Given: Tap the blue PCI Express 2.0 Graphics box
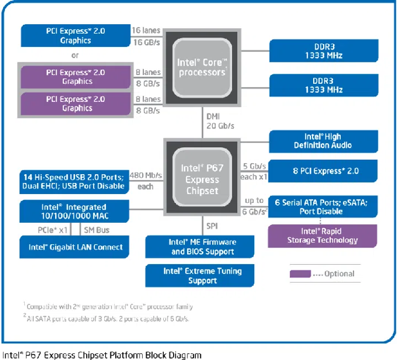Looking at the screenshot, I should coord(75,35).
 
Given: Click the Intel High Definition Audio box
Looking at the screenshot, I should coord(323,141).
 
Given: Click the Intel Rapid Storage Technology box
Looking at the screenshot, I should coord(323,235).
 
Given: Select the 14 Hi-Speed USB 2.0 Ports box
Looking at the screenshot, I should coord(74,181).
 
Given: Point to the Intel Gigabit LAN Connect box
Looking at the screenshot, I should coord(75,247).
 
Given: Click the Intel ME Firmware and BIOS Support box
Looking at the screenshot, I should coord(202,247).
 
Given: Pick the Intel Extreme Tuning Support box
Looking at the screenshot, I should coord(202,276).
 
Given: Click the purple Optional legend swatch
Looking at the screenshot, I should coord(300,273).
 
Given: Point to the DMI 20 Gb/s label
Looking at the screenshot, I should coord(220,121).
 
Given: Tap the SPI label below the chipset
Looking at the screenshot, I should coord(212,226).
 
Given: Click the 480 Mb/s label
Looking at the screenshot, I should coord(146,176).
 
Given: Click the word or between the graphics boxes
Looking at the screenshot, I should coord(75,55).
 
